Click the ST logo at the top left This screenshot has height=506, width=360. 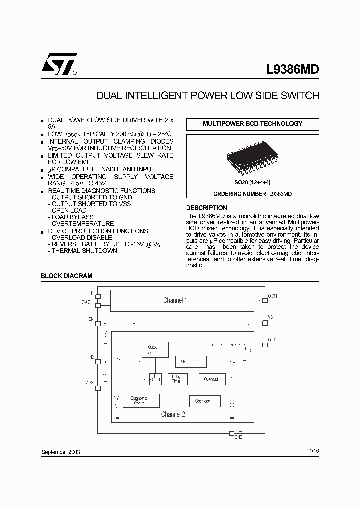[x=59, y=64]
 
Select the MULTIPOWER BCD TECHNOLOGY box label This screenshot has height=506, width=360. [x=252, y=124]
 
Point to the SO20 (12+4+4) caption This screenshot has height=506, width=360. [x=253, y=183]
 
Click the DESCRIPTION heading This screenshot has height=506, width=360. [x=206, y=208]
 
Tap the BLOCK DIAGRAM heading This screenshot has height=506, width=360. [x=66, y=276]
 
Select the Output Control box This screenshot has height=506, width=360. [x=154, y=350]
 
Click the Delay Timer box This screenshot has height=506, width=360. [x=176, y=379]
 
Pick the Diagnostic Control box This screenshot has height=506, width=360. [x=141, y=401]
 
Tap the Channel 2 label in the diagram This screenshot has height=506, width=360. [x=173, y=414]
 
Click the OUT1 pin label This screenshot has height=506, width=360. [x=273, y=296]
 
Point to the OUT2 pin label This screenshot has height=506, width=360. [x=273, y=340]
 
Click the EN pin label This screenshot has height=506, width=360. [x=91, y=318]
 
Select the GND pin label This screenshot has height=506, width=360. [x=238, y=437]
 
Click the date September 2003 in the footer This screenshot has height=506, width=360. [x=60, y=452]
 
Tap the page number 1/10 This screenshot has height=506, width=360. [x=314, y=451]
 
